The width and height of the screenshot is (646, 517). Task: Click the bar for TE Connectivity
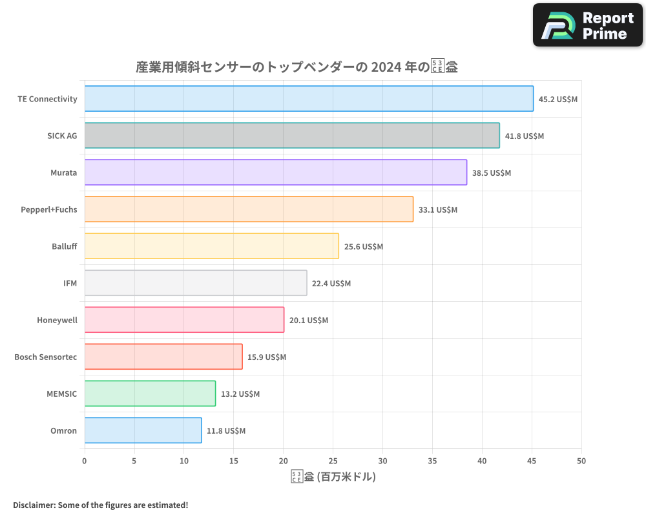pos(309,99)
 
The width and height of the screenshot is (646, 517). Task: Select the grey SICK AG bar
pos(292,136)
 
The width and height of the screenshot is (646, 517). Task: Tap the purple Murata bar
pos(276,173)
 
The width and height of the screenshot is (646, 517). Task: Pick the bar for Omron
pos(143,430)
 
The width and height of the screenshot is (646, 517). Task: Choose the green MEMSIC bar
pos(150,394)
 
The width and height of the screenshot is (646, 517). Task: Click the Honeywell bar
pos(184,320)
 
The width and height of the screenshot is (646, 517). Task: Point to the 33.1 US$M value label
pos(437,210)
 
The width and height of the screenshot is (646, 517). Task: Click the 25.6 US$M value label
pos(364,247)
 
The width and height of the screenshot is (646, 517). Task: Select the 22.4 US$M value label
pos(331,284)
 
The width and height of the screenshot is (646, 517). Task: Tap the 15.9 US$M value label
pos(267,357)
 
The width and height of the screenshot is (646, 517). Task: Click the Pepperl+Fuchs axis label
pos(48,210)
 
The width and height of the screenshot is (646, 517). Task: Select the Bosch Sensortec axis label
pos(45,357)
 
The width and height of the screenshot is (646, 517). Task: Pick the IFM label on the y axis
pos(70,284)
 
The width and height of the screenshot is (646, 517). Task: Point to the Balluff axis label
pos(64,247)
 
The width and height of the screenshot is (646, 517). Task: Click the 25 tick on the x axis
pos(333,461)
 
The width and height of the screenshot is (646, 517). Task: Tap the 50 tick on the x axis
pos(581,461)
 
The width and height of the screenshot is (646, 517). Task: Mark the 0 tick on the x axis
pos(85,461)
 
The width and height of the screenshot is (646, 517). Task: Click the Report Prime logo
pos(588,25)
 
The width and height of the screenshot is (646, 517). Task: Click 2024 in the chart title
pos(385,67)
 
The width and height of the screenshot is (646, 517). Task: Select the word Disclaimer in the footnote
pos(34,505)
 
